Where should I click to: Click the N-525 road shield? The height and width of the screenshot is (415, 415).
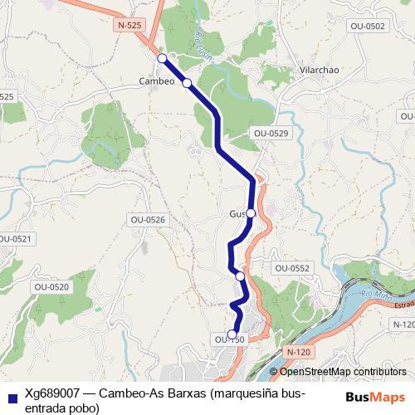point(130,26)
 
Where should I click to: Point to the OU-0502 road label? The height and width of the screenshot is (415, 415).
point(368,27)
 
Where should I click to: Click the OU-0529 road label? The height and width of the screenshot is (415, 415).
point(271,133)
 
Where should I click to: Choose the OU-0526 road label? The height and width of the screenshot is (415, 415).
point(148,219)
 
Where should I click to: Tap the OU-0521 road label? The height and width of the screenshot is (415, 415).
point(14,239)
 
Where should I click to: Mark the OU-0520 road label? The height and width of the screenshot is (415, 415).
point(53,286)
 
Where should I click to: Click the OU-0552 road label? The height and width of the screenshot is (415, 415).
point(292,268)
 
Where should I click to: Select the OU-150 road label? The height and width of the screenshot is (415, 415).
point(229,339)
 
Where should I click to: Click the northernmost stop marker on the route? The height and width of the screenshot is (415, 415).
point(163,57)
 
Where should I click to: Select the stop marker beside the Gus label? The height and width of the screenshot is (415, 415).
point(251,213)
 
